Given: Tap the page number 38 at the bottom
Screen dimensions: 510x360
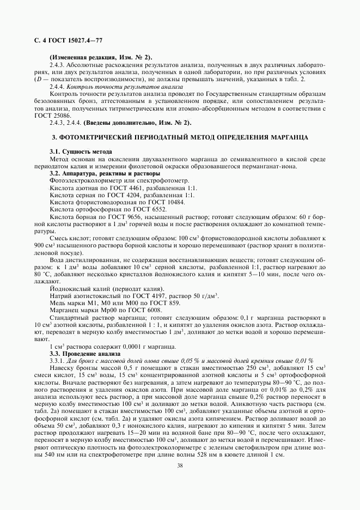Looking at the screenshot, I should [x=180, y=465].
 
